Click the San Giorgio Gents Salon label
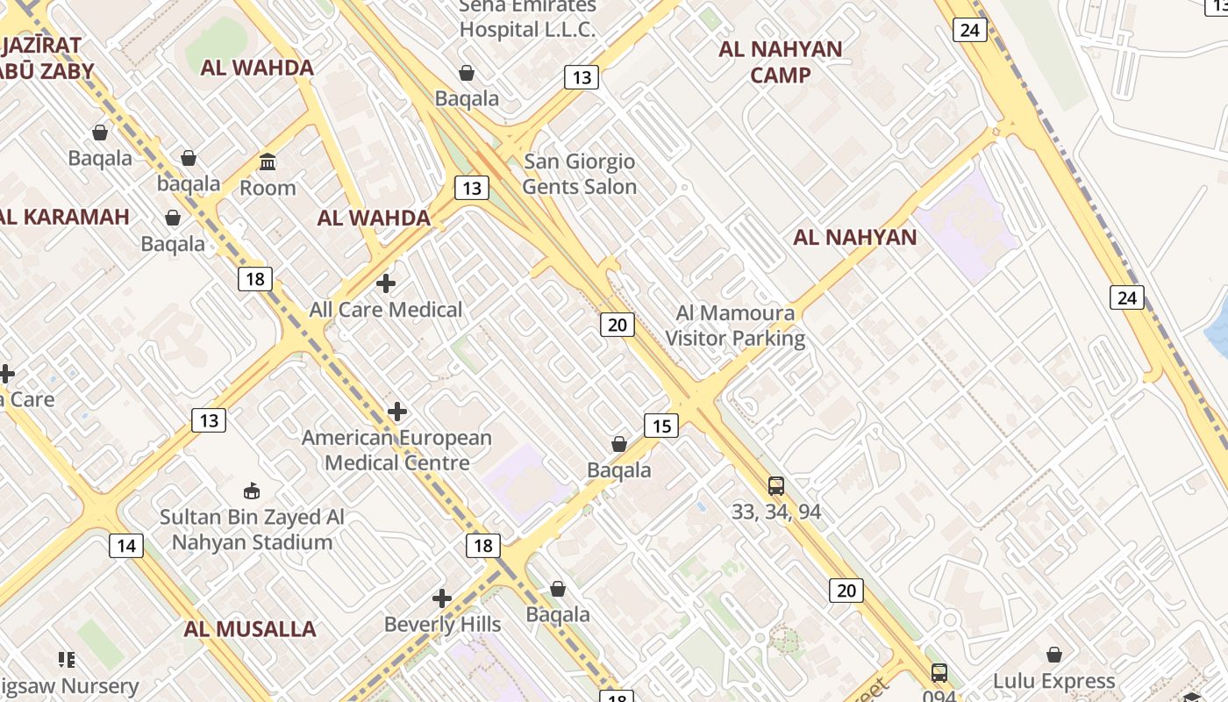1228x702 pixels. pyautogui.click(x=580, y=174)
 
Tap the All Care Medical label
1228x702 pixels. pyautogui.click(x=385, y=310)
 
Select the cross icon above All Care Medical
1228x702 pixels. pyautogui.click(x=385, y=283)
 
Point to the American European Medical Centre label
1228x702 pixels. pyautogui.click(x=397, y=450)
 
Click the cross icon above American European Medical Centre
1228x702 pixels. pyautogui.click(x=397, y=412)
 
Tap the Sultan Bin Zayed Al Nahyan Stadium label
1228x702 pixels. pyautogui.click(x=252, y=530)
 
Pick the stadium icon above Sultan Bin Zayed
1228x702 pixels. pyautogui.click(x=252, y=491)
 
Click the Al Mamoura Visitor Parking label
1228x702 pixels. pyautogui.click(x=735, y=326)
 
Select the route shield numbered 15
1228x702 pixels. pyautogui.click(x=661, y=426)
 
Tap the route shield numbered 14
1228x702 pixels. pyautogui.click(x=126, y=547)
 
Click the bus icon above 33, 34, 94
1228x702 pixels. pyautogui.click(x=776, y=486)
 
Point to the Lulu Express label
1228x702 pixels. pyautogui.click(x=1053, y=681)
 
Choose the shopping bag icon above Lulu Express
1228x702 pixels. pyautogui.click(x=1054, y=655)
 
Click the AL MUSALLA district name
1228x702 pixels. pyautogui.click(x=250, y=629)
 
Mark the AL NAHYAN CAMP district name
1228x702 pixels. pyautogui.click(x=781, y=62)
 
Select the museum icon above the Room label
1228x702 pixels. pyautogui.click(x=268, y=162)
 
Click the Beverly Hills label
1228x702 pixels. pyautogui.click(x=443, y=625)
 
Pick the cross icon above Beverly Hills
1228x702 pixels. pyautogui.click(x=442, y=599)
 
